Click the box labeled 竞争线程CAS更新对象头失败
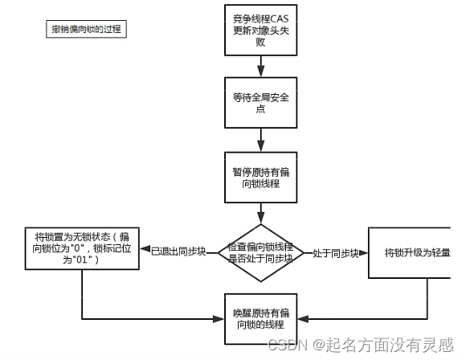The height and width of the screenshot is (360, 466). pyautogui.click(x=260, y=31)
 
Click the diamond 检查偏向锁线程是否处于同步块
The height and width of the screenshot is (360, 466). pyautogui.click(x=260, y=252)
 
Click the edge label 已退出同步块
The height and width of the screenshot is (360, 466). pyautogui.click(x=179, y=252)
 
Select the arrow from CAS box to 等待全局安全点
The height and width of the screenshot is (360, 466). pyautogui.click(x=260, y=67)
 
